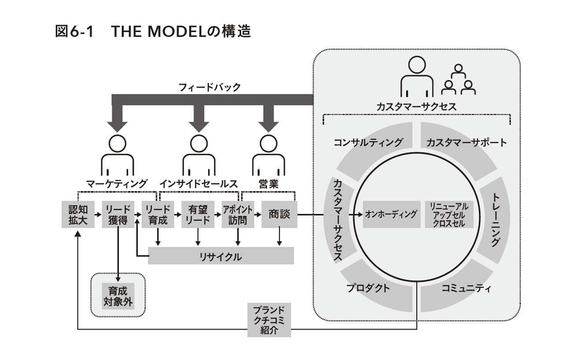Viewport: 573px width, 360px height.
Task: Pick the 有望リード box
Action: click(198, 215)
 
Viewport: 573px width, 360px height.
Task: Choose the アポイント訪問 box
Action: click(238, 215)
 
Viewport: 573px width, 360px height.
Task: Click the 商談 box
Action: click(279, 215)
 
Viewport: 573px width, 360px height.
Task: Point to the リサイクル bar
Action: click(221, 256)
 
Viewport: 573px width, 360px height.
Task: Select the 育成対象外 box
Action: click(118, 297)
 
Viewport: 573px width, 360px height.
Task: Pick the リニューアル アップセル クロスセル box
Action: click(450, 215)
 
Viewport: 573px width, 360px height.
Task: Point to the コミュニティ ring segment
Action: click(465, 289)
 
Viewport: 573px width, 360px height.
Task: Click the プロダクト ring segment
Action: click(368, 289)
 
